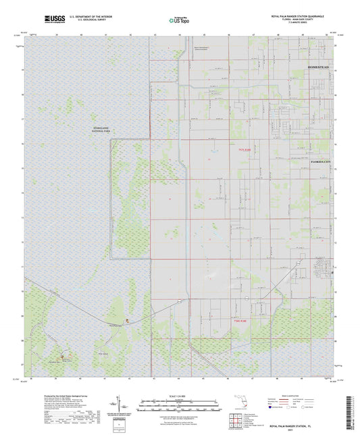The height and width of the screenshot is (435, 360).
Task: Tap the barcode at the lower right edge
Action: [x=352, y=409]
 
